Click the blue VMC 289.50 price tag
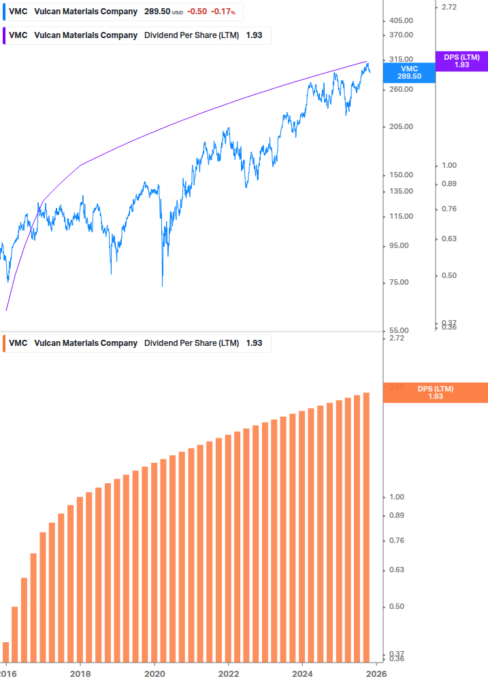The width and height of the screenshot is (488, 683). [409, 73]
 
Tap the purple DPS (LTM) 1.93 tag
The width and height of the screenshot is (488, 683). [461, 61]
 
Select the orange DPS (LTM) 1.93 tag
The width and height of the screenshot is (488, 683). [436, 393]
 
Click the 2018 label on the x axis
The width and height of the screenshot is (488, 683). [80, 673]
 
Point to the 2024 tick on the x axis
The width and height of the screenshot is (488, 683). [302, 673]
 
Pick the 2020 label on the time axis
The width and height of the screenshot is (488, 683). [154, 673]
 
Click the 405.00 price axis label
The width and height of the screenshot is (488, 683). [397, 20]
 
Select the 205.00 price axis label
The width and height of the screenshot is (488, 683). [397, 126]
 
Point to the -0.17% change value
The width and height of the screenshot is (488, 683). [222, 12]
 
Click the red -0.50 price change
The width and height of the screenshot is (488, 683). [197, 12]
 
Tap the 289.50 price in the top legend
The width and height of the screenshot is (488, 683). [157, 12]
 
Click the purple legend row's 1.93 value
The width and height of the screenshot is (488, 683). [254, 35]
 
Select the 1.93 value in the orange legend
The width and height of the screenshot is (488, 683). [254, 343]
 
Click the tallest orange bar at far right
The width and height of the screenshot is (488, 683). [366, 527]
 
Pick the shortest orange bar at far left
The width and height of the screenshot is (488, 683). [6, 652]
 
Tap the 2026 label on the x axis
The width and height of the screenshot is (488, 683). [376, 673]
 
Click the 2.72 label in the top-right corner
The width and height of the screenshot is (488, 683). [450, 7]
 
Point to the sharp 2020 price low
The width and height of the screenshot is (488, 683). [163, 285]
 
